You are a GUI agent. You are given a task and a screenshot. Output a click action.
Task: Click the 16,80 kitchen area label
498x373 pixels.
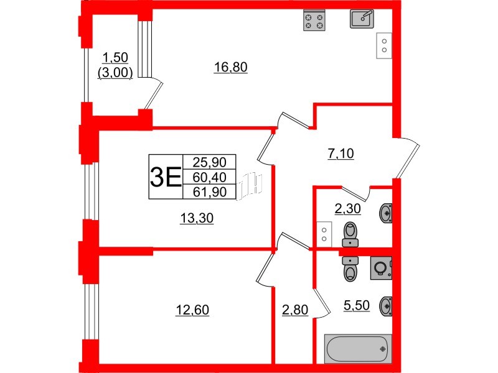[x=230, y=68]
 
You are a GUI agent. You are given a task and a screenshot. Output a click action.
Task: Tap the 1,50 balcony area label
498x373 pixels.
[x=115, y=58]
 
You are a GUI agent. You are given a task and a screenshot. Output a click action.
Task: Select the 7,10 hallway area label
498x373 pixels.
[x=341, y=154]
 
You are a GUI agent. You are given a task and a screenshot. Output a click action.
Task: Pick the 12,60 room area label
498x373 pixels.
[x=192, y=309]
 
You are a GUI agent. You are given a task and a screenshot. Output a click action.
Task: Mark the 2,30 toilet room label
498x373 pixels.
[x=347, y=210]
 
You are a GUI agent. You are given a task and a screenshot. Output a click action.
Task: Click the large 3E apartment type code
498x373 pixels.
[x=165, y=177]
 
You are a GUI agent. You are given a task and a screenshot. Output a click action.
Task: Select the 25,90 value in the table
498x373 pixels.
[x=210, y=163]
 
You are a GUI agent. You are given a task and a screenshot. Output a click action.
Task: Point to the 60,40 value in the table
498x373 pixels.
[x=210, y=177]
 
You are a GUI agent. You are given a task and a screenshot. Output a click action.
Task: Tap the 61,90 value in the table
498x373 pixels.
[x=210, y=191]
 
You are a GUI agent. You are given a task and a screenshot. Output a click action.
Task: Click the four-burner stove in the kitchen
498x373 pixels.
[x=314, y=21]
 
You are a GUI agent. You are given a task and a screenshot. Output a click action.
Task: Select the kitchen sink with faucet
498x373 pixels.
[x=362, y=19]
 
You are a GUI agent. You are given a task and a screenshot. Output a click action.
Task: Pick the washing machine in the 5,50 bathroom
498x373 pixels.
[x=380, y=267]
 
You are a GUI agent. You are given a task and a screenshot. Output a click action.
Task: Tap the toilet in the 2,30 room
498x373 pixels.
[x=351, y=234]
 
